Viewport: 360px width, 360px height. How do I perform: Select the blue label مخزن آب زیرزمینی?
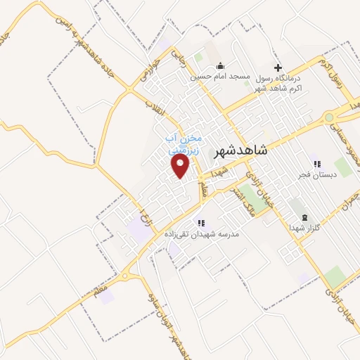click(184, 144)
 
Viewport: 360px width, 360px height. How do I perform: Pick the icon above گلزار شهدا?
click(304, 217)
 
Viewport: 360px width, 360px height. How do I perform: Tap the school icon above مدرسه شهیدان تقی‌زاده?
click(201, 222)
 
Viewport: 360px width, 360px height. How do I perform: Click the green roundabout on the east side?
click(329, 117)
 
